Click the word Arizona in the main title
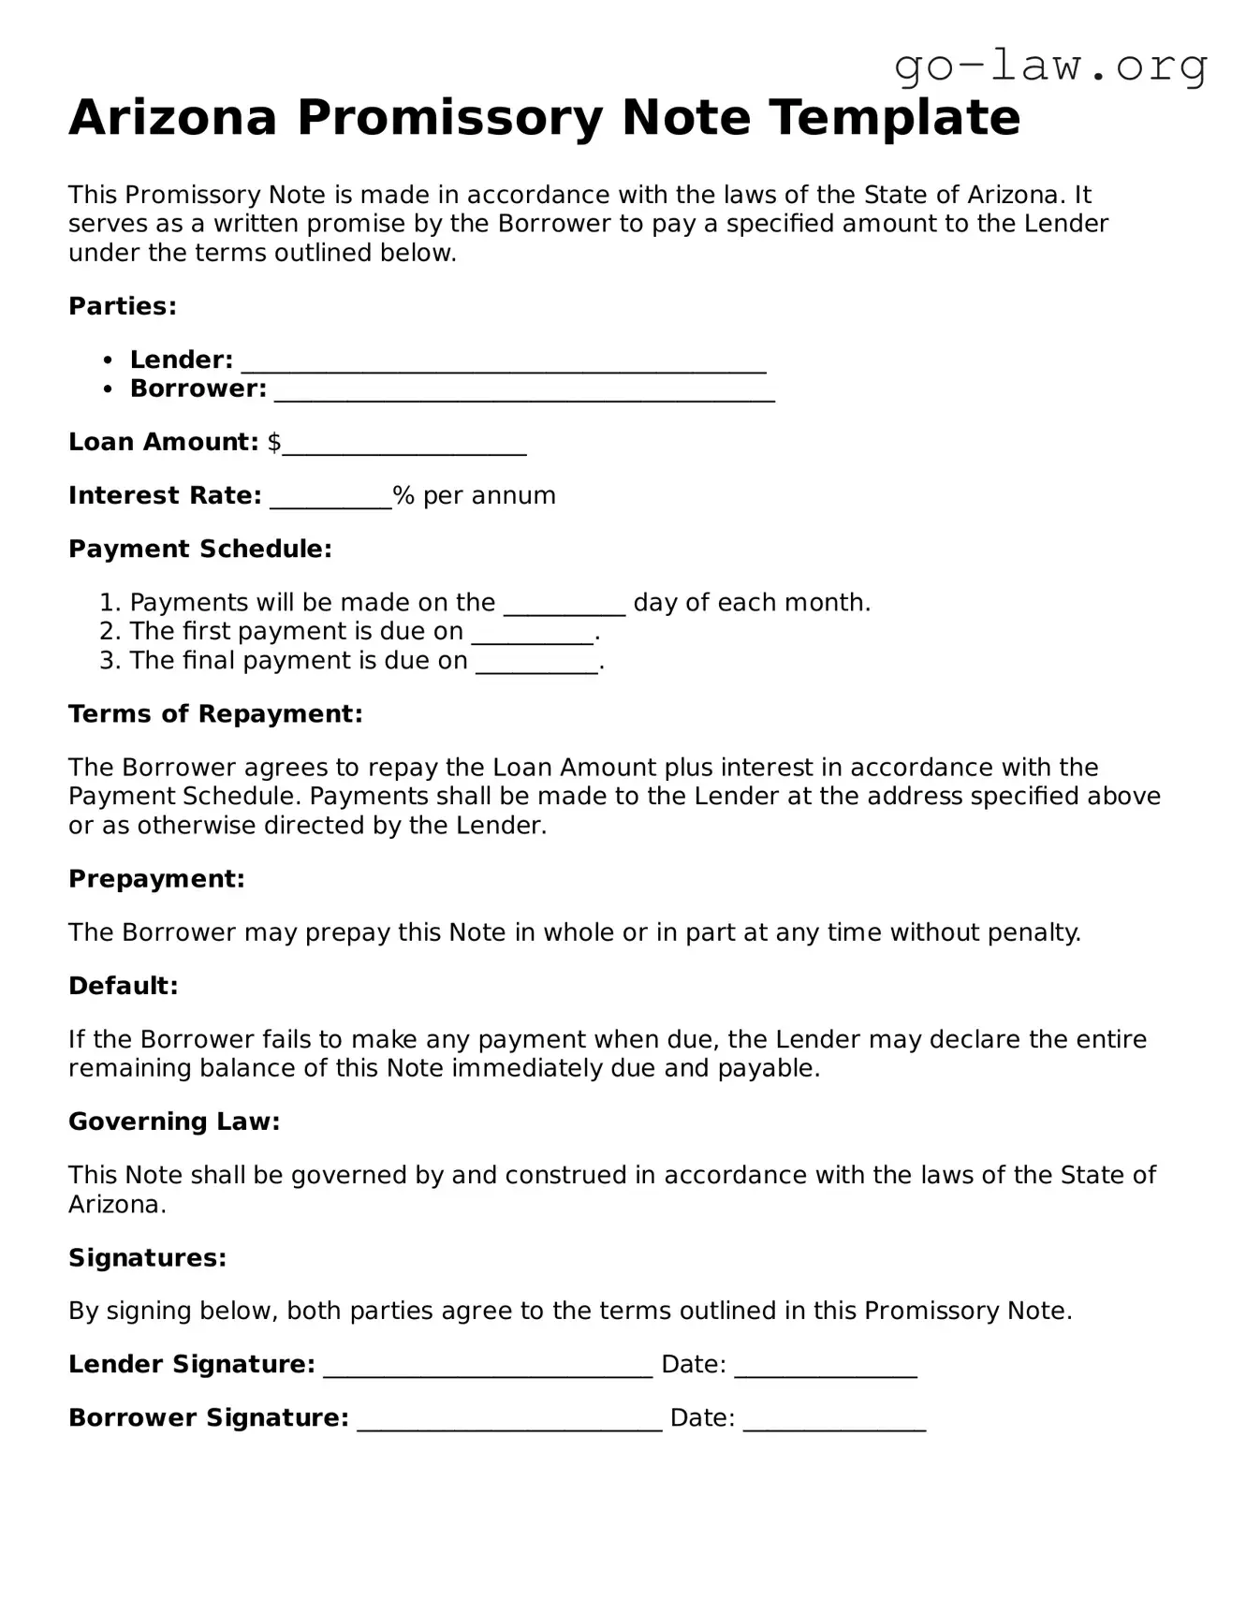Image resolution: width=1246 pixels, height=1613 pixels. click(173, 118)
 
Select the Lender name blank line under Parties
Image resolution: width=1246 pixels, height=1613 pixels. click(504, 362)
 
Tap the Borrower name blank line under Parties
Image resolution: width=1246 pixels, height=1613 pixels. click(524, 391)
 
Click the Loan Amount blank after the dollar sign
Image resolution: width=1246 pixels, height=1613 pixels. click(404, 445)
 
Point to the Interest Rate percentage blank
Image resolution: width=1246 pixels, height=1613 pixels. click(330, 498)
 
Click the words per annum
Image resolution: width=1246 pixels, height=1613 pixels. click(489, 495)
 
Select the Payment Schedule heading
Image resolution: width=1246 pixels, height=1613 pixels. click(200, 549)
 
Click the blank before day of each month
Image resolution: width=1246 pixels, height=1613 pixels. click(564, 605)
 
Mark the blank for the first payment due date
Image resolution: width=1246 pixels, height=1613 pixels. click(533, 634)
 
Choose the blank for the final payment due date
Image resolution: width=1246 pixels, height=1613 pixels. click(536, 664)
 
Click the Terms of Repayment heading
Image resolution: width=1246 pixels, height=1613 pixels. click(215, 714)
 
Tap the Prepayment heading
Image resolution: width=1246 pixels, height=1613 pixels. click(156, 879)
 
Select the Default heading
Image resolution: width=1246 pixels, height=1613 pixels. click(123, 986)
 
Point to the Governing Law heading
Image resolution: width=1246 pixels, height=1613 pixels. click(174, 1122)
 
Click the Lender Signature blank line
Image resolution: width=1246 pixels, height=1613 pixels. click(488, 1368)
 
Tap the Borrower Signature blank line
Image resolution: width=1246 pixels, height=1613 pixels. click(510, 1421)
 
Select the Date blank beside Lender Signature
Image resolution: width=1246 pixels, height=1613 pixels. click(826, 1368)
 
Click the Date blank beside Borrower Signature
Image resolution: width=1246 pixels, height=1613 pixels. click(834, 1421)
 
